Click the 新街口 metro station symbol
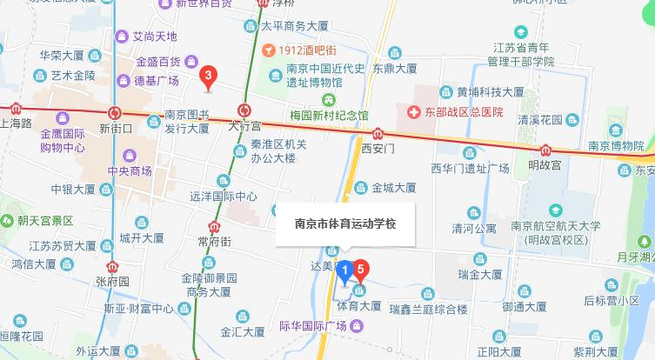[x=115, y=112]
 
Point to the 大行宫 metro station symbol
[x=244, y=111]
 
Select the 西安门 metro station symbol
[x=378, y=134]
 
